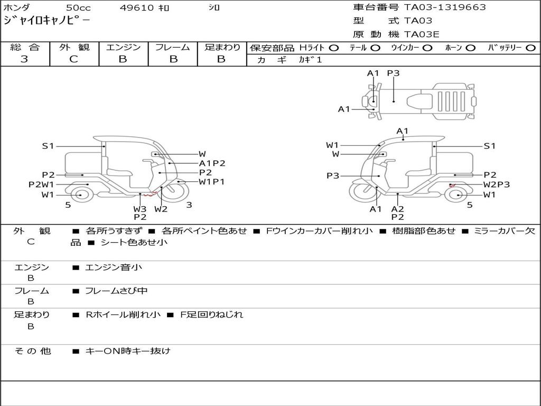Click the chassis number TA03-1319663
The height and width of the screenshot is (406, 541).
[x=445, y=7]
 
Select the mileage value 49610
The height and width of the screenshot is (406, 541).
[x=136, y=8]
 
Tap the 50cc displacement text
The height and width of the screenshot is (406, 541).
[x=78, y=8]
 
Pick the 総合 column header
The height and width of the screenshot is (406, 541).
[x=25, y=48]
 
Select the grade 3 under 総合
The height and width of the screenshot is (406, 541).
[x=24, y=59]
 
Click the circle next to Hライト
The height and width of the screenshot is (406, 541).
[x=333, y=48]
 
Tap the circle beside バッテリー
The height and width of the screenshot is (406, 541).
[x=530, y=48]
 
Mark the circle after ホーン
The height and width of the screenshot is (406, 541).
[x=470, y=48]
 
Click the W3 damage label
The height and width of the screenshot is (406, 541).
[x=140, y=209]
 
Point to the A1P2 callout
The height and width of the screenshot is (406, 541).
[x=212, y=163]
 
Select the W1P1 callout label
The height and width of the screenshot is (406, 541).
[x=212, y=182]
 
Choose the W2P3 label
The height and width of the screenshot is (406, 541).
[x=496, y=184]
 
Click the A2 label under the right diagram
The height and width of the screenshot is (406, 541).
[x=398, y=209]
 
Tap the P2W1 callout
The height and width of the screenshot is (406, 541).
[x=41, y=184]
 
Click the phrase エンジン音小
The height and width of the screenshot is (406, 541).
[x=114, y=267]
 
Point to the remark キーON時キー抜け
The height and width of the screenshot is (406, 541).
[x=128, y=350]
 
